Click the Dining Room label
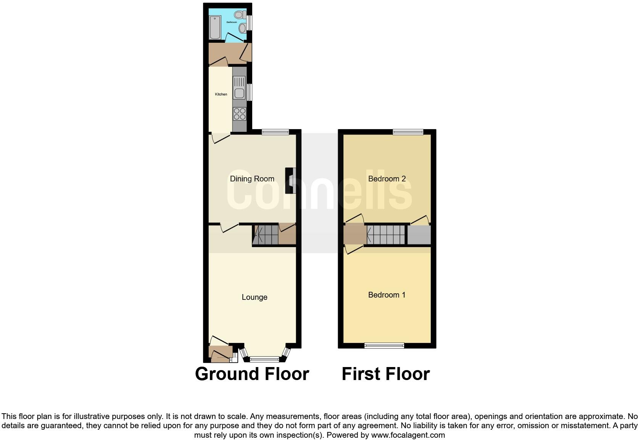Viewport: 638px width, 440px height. click(252, 179)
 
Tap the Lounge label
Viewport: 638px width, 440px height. click(255, 297)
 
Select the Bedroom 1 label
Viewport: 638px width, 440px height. click(387, 295)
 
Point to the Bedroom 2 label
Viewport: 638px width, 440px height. click(387, 179)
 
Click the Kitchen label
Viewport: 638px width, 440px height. click(221, 94)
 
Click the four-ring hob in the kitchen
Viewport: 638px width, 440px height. click(240, 113)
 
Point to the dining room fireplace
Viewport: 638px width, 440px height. click(291, 180)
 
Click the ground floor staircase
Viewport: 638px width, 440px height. click(266, 235)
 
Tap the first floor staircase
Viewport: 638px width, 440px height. click(386, 235)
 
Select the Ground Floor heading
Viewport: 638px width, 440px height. click(252, 374)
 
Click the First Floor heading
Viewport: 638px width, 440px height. click(385, 374)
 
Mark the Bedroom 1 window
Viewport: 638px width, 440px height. click(384, 346)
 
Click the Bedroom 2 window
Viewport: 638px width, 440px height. click(408, 132)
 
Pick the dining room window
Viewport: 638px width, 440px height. click(275, 132)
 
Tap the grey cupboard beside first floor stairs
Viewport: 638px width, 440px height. click(419, 235)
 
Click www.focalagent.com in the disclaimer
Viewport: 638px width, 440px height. click(408, 435)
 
